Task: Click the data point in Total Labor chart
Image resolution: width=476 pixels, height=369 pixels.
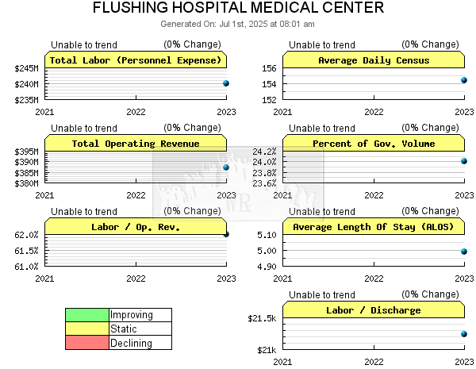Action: point(226,83)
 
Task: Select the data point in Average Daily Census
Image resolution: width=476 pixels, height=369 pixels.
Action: point(464,80)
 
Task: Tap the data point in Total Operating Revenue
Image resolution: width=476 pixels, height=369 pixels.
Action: point(226,167)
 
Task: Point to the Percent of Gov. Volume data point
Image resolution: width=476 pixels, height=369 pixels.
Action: point(464,161)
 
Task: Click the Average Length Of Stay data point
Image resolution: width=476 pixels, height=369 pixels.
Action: point(464,252)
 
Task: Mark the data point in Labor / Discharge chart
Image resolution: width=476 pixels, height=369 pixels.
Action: point(464,334)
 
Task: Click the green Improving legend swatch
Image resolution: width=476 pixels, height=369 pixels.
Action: point(87,315)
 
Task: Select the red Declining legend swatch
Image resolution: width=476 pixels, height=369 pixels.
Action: point(87,343)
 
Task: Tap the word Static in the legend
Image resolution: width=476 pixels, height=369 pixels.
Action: point(123,329)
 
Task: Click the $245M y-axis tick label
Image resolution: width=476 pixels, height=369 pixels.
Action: point(26,68)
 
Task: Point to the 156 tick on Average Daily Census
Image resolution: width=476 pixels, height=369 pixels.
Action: point(269,68)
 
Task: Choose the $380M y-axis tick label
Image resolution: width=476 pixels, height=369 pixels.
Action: point(26,183)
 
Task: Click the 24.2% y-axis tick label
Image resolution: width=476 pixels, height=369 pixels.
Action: point(264,152)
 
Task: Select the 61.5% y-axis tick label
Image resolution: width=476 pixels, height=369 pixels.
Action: point(26,251)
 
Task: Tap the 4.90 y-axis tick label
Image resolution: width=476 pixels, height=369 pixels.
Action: point(267,267)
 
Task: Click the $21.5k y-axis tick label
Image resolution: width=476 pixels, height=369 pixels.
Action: point(262,318)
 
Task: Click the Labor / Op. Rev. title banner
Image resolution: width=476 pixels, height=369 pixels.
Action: point(136,227)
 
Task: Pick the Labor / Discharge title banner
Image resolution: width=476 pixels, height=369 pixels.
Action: point(374,309)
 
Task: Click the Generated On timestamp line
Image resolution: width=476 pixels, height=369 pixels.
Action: point(237,24)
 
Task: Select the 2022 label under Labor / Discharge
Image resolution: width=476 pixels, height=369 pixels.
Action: point(374,362)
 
